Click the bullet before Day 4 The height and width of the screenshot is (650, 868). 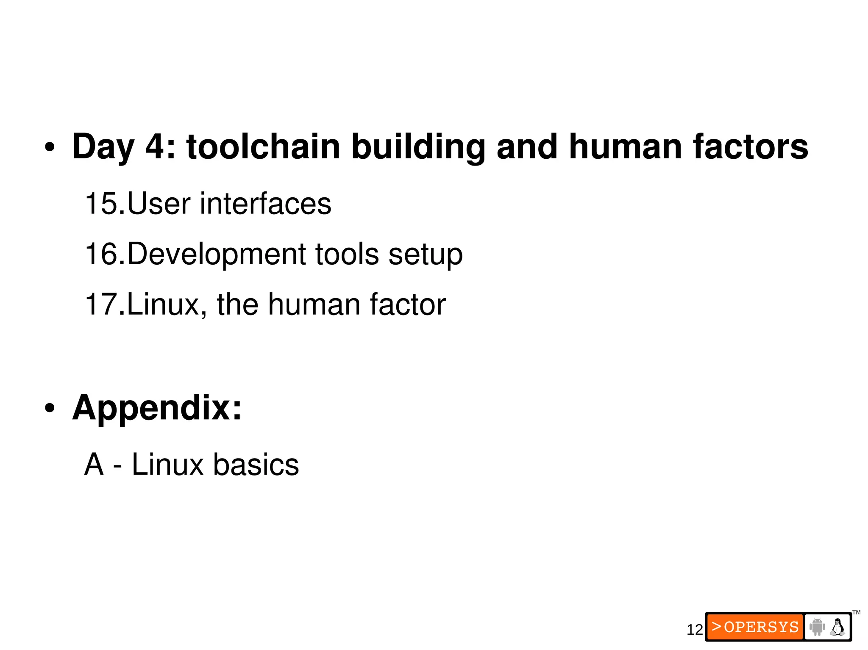tap(50, 148)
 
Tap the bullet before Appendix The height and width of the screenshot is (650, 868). tap(50, 409)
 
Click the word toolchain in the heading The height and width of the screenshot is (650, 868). tap(263, 147)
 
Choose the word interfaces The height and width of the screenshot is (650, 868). tap(266, 204)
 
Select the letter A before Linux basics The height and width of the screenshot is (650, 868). tap(94, 465)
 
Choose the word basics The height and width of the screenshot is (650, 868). tap(256, 465)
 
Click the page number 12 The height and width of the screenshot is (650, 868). tap(695, 630)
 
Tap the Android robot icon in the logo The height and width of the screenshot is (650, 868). tap(817, 627)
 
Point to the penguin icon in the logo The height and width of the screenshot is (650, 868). tap(837, 627)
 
